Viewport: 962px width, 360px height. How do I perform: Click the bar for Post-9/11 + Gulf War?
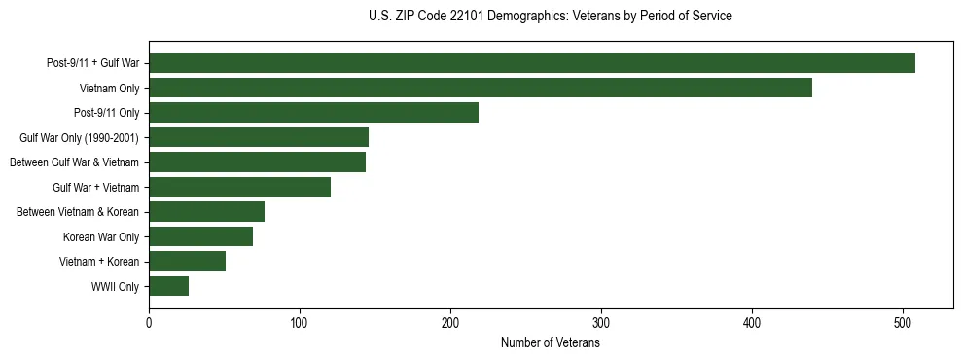coord(532,63)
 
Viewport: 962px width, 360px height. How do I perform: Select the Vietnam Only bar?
coord(481,89)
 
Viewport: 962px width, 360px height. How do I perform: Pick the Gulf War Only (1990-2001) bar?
coord(259,137)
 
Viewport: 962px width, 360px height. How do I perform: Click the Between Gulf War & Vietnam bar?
coord(257,162)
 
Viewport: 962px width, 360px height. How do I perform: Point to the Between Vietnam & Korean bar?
coord(206,212)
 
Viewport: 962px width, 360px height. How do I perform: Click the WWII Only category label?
coord(115,287)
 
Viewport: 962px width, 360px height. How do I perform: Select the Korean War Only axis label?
coord(101,237)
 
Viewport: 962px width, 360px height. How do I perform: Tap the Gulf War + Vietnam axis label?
coord(95,188)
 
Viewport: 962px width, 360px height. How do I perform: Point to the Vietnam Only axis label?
coord(109,89)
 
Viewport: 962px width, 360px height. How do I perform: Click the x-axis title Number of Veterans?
coord(550,343)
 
